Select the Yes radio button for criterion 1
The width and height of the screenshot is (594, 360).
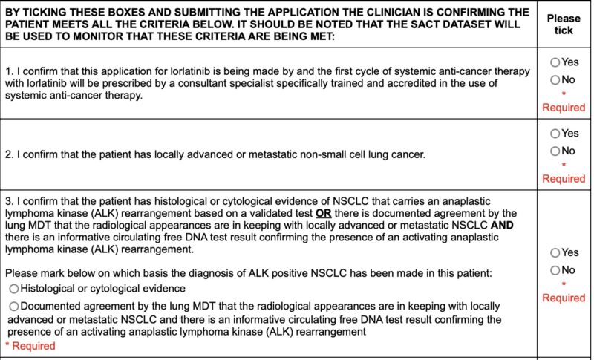pos(555,62)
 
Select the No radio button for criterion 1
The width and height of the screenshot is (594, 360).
pos(555,79)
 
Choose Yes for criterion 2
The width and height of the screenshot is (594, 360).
pos(555,134)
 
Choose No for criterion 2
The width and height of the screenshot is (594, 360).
pos(555,151)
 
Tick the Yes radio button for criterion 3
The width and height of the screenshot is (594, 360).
pos(555,252)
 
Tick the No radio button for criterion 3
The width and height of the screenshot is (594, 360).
pos(555,270)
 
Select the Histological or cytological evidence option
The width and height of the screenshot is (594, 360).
pos(14,288)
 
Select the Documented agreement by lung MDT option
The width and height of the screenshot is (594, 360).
pos(14,306)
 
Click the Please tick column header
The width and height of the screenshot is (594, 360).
pos(564,24)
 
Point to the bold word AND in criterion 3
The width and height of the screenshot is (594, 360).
pos(502,225)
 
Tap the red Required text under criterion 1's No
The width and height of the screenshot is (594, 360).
pos(564,108)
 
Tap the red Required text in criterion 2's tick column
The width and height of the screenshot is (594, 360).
pos(564,179)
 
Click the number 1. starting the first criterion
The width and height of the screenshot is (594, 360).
pos(9,71)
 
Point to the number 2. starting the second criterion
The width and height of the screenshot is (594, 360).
pos(9,154)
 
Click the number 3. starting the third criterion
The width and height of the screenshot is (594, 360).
pos(9,201)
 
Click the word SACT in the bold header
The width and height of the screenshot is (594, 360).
pos(419,24)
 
